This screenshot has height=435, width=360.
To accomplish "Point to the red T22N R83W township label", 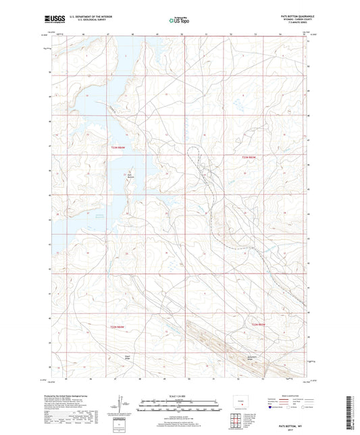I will coord(260,327).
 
